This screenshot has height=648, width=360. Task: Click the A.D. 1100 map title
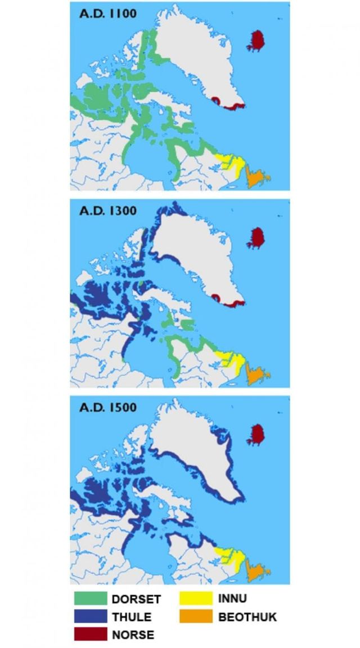click(x=107, y=13)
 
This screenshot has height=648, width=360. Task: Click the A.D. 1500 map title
click(x=107, y=407)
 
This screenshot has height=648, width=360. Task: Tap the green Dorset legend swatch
click(x=91, y=598)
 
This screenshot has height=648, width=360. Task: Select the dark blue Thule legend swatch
click(x=91, y=616)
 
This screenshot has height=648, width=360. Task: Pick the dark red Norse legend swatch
click(x=91, y=634)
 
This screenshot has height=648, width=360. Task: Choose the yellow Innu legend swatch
click(x=196, y=598)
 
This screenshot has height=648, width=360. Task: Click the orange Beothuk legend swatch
click(x=196, y=616)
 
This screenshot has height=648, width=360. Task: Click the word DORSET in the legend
click(x=136, y=599)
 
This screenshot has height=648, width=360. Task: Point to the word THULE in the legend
click(x=132, y=617)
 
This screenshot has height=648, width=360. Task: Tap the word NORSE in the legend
click(x=133, y=634)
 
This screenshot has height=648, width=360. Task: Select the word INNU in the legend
click(x=232, y=598)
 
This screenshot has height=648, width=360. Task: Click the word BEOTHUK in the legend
click(x=247, y=617)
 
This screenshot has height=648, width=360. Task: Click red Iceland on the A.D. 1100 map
click(x=258, y=41)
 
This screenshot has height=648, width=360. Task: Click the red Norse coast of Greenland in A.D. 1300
click(x=228, y=303)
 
